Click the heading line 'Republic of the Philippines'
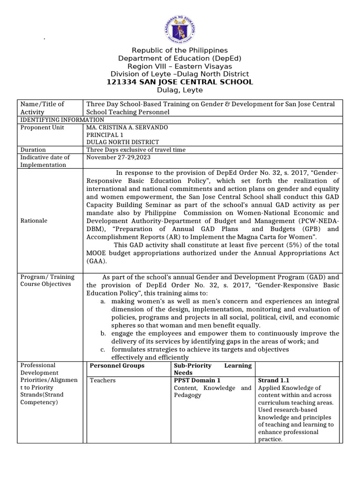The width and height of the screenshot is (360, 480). pyautogui.click(x=180, y=50)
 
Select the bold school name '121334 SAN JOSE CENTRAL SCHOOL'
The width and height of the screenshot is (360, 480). pyautogui.click(x=180, y=82)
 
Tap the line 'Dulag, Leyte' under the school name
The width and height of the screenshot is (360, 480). pyautogui.click(x=180, y=90)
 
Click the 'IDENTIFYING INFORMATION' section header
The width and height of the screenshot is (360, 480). pyautogui.click(x=61, y=120)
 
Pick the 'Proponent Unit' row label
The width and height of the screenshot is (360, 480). pyautogui.click(x=42, y=127)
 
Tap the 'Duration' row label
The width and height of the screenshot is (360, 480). pyautogui.click(x=33, y=150)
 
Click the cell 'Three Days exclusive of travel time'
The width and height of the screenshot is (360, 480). pyautogui.click(x=136, y=150)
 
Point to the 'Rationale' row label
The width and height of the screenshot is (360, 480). pyautogui.click(x=34, y=220)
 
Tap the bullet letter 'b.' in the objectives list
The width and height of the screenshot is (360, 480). pyautogui.click(x=103, y=333)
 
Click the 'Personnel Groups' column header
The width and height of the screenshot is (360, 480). pyautogui.click(x=117, y=366)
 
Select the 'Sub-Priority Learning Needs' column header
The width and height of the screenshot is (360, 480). pyautogui.click(x=212, y=369)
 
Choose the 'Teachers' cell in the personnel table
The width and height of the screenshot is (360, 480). pyautogui.click(x=103, y=380)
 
